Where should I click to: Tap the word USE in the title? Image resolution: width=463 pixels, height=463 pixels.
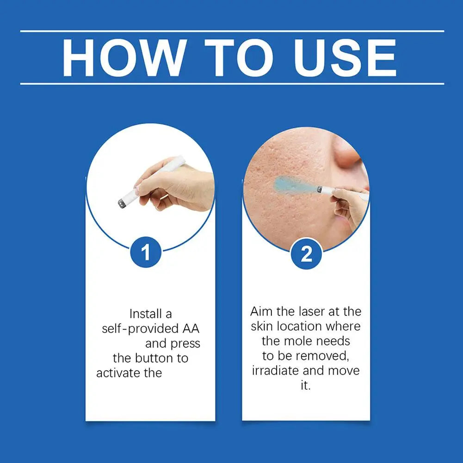pyautogui.click(x=345, y=58)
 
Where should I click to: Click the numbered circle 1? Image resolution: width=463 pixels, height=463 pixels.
pyautogui.click(x=146, y=252)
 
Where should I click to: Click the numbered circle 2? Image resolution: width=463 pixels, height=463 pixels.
pyautogui.click(x=306, y=253)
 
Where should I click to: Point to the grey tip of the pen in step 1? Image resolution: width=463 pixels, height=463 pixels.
pyautogui.click(x=121, y=204)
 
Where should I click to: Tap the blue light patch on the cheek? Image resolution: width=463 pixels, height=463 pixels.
pyautogui.click(x=293, y=184)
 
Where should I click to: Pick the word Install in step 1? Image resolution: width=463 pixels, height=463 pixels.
pyautogui.click(x=143, y=314)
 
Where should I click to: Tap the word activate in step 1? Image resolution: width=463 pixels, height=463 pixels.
pyautogui.click(x=118, y=373)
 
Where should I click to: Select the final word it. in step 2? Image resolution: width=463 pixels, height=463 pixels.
pyautogui.click(x=306, y=386)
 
